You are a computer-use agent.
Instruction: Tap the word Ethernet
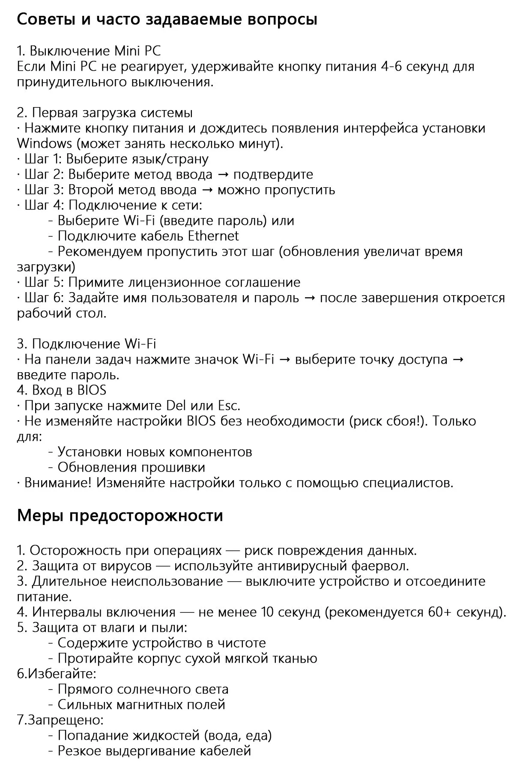213,236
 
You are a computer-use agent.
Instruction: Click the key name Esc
229,406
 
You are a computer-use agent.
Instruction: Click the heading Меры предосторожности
120,515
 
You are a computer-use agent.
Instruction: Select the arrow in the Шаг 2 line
223,175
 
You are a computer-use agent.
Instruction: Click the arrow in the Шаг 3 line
207,190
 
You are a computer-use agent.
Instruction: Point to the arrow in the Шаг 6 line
310,298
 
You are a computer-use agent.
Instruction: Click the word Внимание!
58,483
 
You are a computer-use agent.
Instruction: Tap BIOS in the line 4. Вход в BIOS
92,390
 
